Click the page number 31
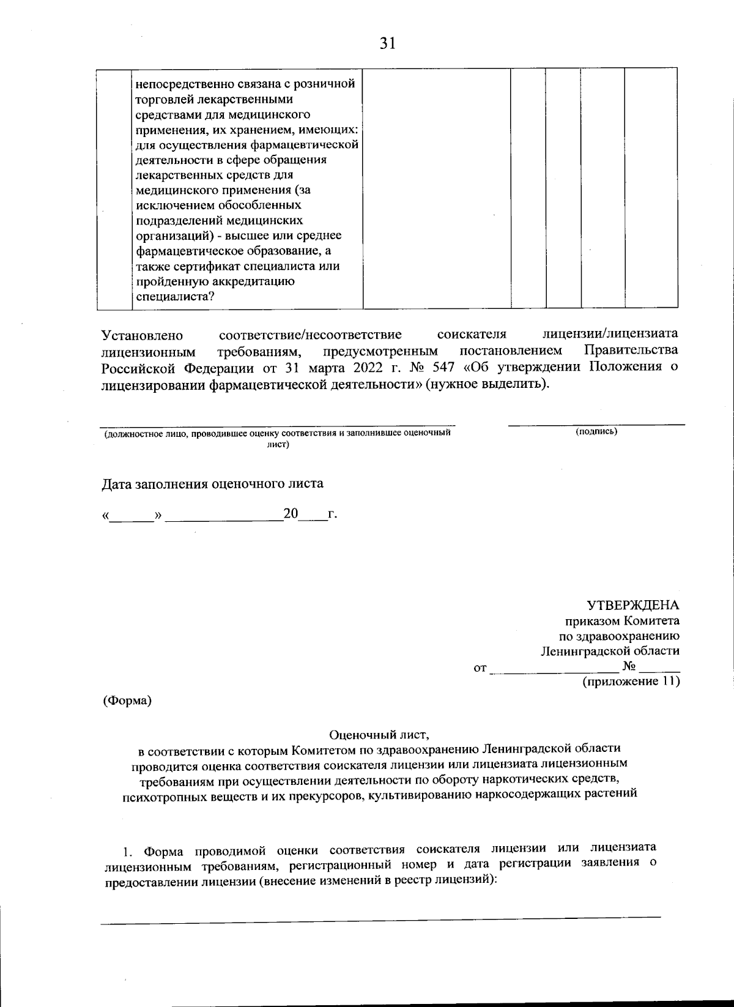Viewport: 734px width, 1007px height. [x=388, y=43]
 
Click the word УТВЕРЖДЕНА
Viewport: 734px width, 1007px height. [x=633, y=605]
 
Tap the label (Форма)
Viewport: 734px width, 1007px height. [x=127, y=700]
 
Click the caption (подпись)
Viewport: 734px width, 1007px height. [x=596, y=432]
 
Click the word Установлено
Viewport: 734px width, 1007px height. [x=143, y=335]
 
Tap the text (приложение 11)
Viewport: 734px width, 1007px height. [x=631, y=681]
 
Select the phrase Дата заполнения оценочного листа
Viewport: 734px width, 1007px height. [x=212, y=483]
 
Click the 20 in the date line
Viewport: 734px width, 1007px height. [x=290, y=514]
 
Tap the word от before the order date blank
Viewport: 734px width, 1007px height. [x=480, y=667]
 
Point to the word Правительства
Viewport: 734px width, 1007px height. [x=631, y=351]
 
